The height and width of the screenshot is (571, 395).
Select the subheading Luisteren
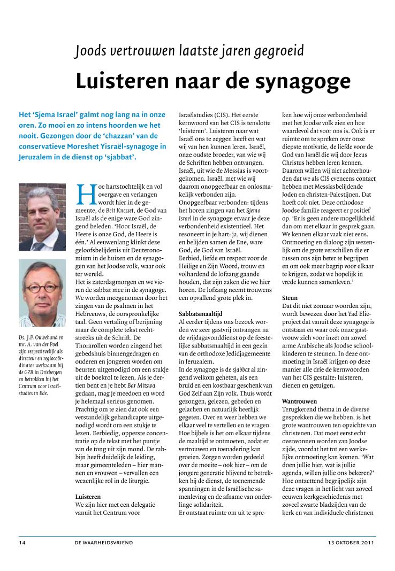pos(88,496)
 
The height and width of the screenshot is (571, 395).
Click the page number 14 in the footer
pos(22,542)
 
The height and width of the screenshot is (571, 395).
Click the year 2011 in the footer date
pos(367,542)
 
